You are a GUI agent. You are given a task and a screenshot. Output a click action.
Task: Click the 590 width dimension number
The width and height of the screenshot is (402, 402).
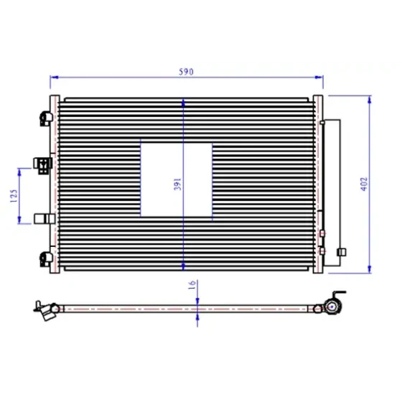(186, 72)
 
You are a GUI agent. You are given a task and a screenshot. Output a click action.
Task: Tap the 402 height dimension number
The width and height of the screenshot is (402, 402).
(364, 184)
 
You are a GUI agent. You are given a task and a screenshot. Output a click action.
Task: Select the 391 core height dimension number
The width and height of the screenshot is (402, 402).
(177, 184)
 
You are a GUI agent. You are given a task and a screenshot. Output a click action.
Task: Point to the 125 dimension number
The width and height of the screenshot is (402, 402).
(14, 196)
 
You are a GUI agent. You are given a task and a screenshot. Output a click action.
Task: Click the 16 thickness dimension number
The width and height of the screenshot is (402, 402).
(192, 285)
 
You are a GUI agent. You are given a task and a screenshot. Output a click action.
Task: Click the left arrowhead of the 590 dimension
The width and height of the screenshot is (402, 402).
(54, 78)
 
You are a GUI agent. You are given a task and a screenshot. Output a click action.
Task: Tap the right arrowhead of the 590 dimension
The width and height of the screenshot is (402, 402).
(319, 78)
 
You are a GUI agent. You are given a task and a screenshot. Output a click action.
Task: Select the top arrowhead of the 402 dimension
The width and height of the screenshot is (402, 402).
(370, 100)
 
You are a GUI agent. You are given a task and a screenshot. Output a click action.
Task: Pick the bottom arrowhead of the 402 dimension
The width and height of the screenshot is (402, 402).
(370, 269)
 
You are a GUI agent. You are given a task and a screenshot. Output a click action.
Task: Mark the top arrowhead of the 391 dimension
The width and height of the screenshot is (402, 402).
(183, 103)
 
